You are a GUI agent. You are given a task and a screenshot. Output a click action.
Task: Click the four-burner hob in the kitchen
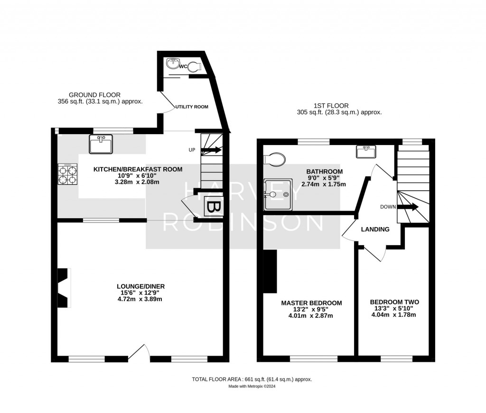67,174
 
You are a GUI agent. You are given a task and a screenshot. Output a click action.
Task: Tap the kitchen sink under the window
100,144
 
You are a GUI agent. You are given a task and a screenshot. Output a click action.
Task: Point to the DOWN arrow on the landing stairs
408,207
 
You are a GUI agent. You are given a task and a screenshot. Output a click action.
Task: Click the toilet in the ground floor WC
195,67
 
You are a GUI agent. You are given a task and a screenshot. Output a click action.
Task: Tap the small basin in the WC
172,63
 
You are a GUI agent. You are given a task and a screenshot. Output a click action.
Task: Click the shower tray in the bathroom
279,193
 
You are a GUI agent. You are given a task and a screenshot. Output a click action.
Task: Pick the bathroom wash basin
365,151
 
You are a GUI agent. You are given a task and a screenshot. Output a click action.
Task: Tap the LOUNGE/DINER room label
140,286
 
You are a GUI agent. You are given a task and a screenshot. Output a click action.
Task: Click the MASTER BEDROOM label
311,303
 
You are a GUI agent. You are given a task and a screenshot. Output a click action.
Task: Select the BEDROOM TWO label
394,302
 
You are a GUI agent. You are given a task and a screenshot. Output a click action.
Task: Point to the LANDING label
375,229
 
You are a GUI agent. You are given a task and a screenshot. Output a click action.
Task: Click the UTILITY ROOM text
192,107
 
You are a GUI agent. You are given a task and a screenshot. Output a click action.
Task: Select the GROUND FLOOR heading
94,95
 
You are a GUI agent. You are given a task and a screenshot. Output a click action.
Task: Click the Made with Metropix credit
252,386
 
